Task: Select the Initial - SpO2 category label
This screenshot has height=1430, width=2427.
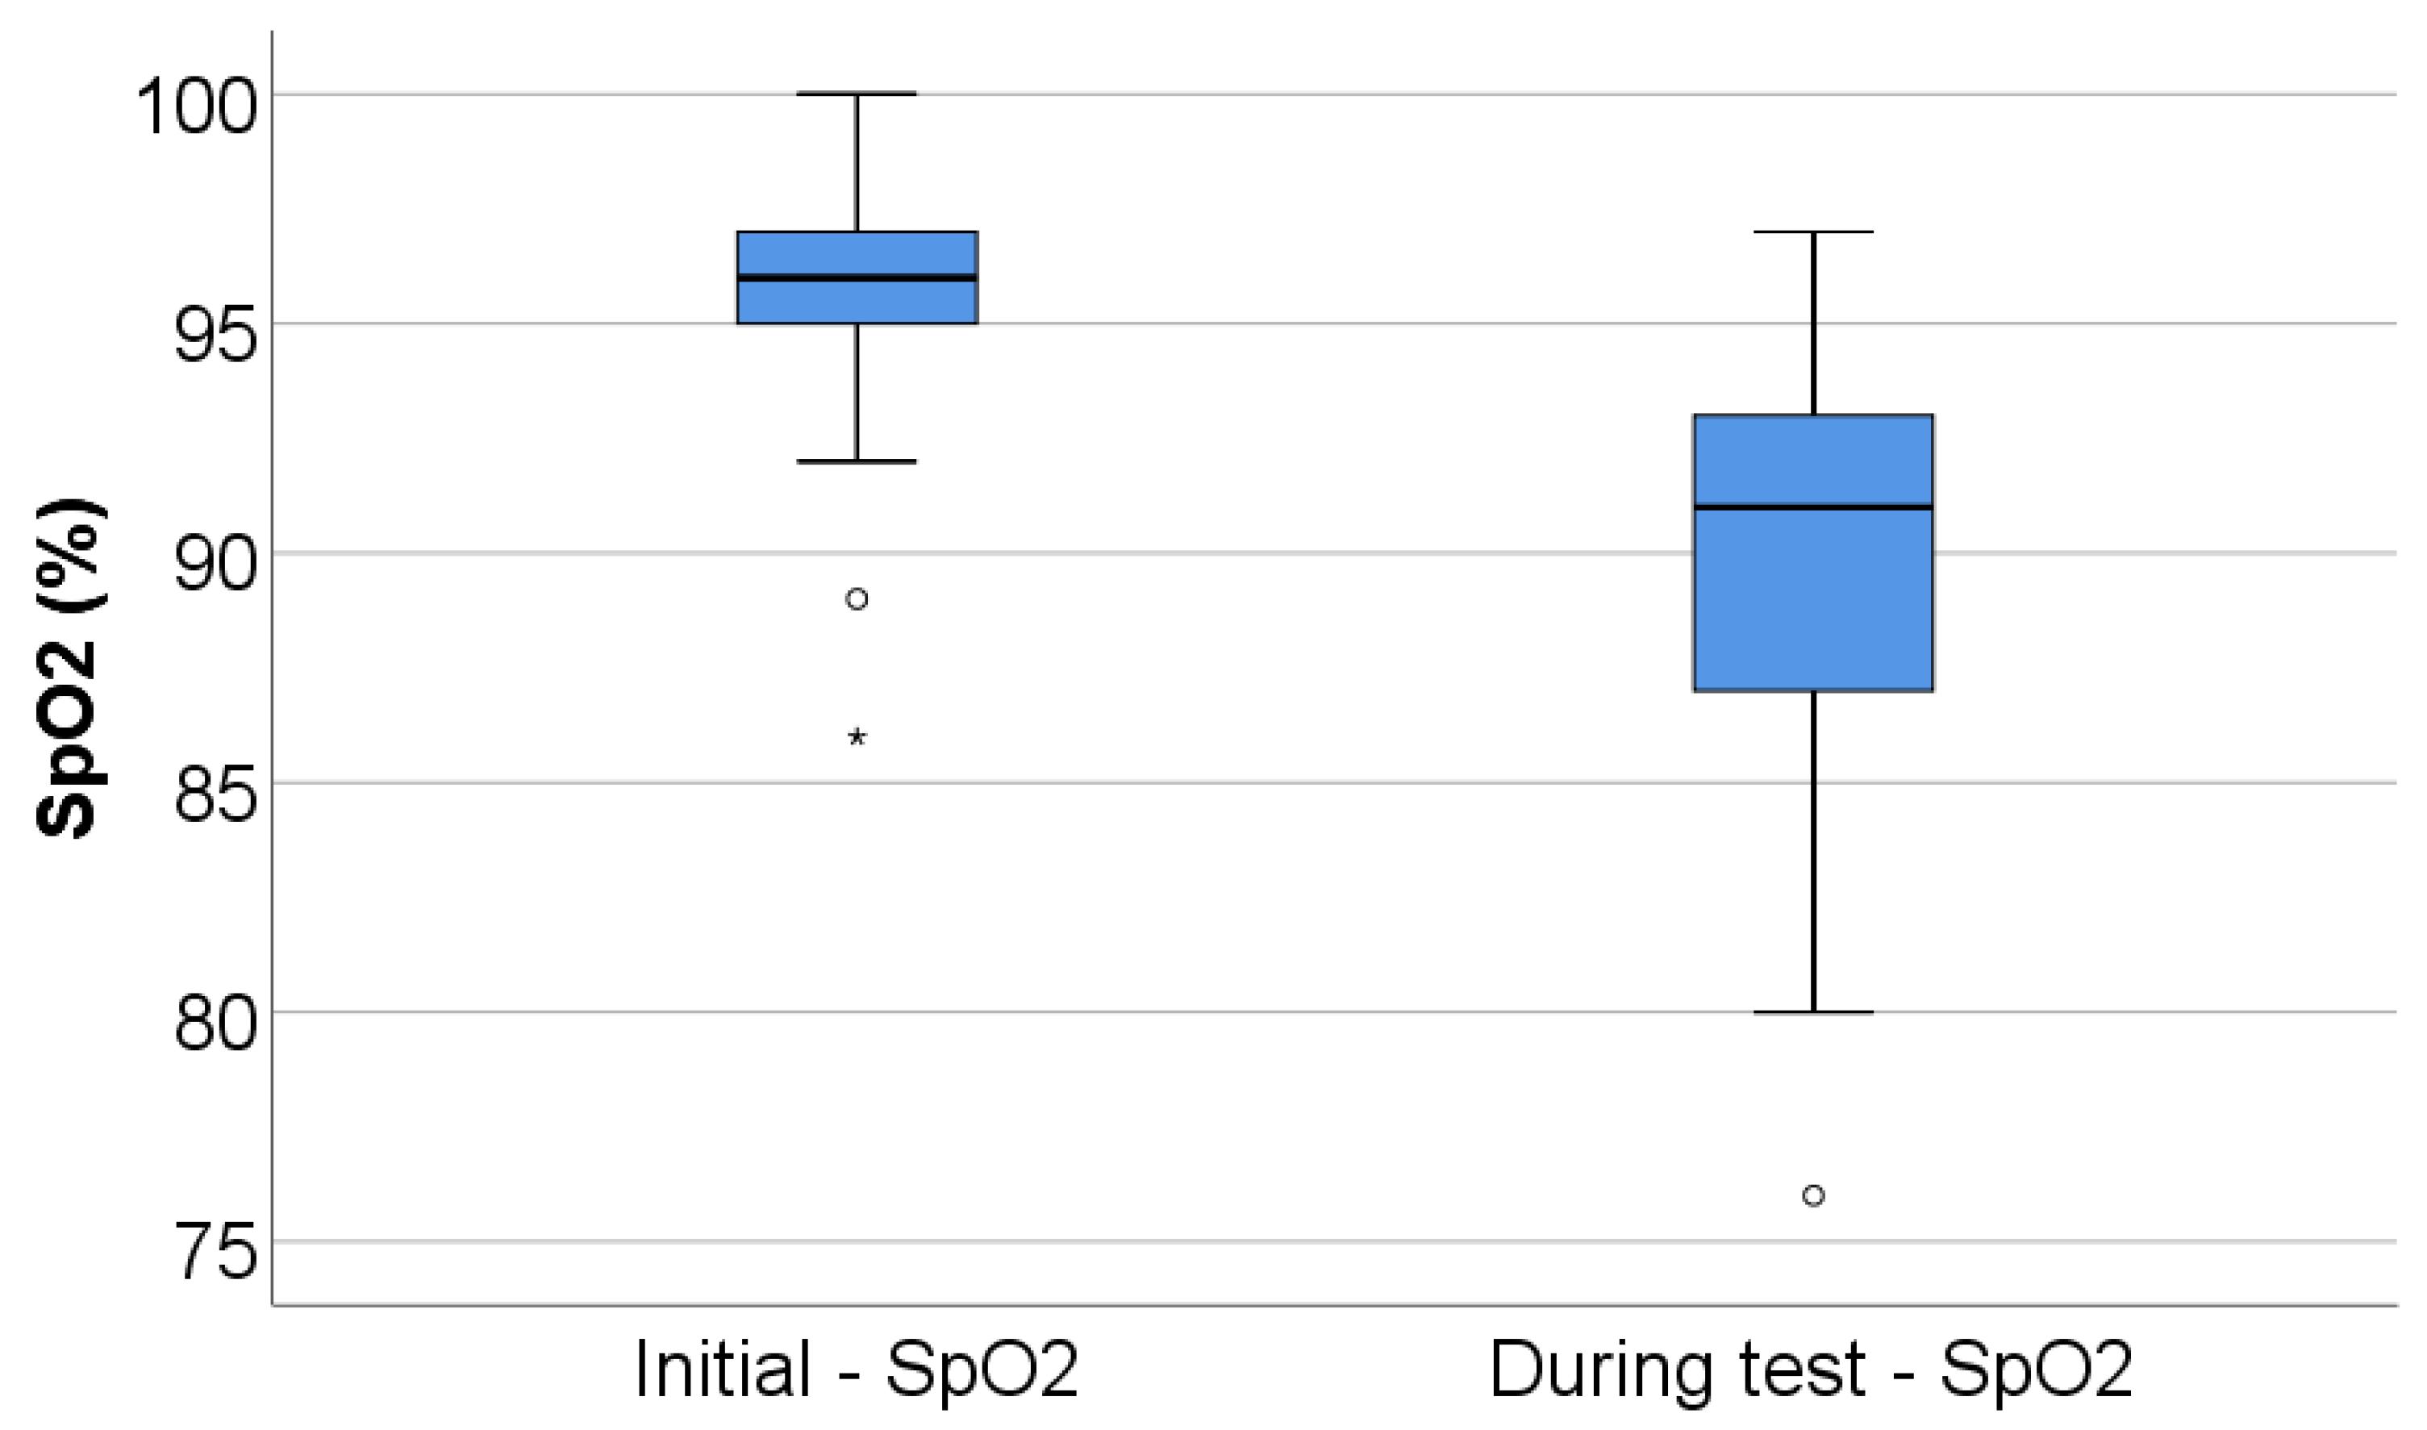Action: tap(856, 1370)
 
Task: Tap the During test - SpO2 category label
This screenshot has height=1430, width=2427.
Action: tap(1812, 1370)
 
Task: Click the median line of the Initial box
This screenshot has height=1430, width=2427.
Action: tap(857, 277)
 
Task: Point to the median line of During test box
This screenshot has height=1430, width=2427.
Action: tap(1813, 507)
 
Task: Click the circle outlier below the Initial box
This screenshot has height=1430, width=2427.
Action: tap(857, 599)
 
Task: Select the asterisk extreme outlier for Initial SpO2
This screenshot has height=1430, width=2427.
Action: tap(857, 738)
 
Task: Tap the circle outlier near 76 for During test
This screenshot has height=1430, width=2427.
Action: tap(1813, 1196)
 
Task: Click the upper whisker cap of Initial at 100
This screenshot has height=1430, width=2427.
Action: tap(857, 94)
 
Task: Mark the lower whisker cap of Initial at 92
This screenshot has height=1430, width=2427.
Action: tap(857, 461)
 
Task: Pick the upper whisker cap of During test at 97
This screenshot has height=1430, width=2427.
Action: tap(1813, 232)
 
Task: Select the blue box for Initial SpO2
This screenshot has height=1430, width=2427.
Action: tap(857, 301)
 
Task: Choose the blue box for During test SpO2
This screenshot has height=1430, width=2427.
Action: tap(1813, 598)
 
